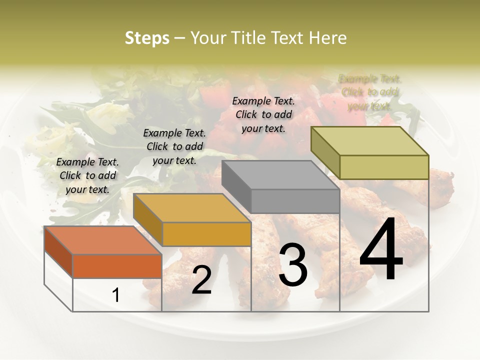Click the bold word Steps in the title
pos(147,38)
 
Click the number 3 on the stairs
pos(293,264)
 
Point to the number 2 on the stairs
pos(202,280)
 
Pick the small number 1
pos(116,295)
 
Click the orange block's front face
pos(117,266)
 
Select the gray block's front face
pos(295,201)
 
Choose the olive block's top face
pos(370,141)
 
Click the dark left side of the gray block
pos(236,186)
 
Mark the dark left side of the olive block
pos(325,153)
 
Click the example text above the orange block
pos(87,175)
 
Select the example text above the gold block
pos(174,146)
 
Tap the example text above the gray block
pos(263,114)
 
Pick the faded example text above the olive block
pos(369,92)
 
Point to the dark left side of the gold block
pos(148,220)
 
